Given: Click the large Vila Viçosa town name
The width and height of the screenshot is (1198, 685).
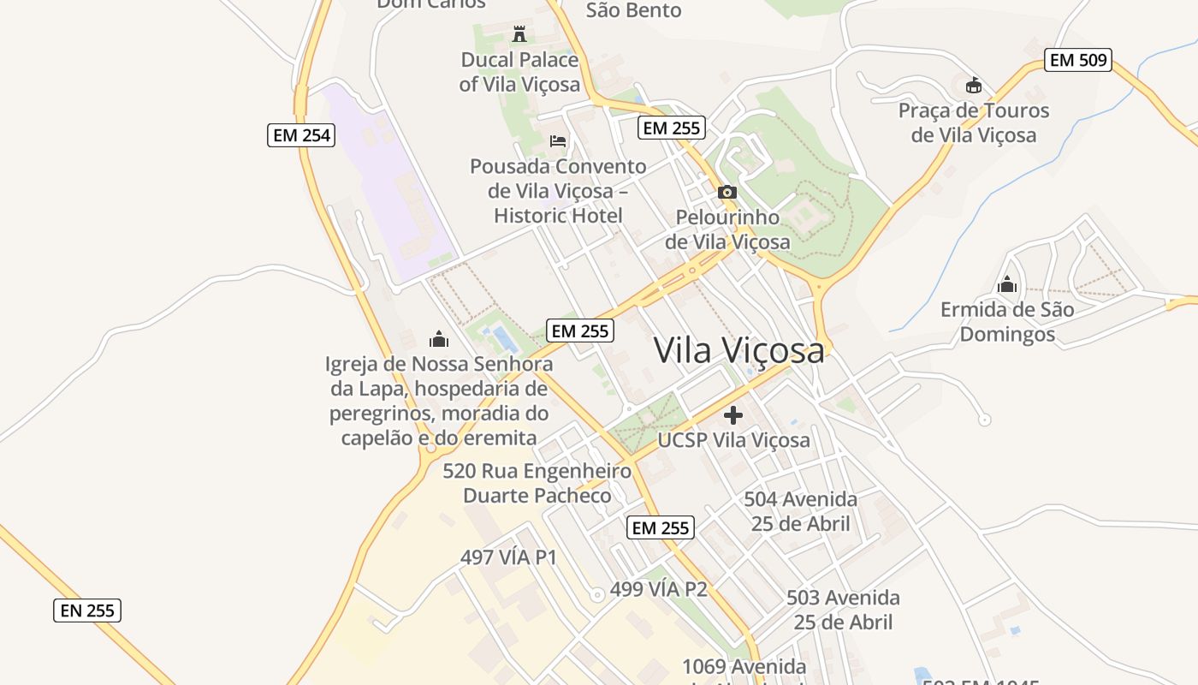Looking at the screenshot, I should point(739,350).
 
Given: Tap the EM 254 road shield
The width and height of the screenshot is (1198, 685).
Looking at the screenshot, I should point(300,134).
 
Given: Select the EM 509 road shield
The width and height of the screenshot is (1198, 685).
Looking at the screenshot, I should point(1077,60).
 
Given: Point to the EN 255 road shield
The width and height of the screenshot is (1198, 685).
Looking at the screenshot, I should point(87,611).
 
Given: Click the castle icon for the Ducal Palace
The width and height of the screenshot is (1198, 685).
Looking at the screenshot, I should point(519,34).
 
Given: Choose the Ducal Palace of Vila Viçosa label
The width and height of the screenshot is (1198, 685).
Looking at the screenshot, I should point(519,72).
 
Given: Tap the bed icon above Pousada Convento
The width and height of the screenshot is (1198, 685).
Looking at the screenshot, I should point(558,140).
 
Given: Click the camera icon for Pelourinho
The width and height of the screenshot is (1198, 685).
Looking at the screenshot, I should point(727,192).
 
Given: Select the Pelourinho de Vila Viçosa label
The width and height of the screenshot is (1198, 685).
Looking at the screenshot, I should point(727,229).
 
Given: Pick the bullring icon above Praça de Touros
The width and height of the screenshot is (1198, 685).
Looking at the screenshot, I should point(973,85).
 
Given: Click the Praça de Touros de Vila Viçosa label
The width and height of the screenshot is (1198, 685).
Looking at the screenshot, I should point(973,122).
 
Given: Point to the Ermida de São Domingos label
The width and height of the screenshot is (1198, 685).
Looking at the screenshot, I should point(1007,321).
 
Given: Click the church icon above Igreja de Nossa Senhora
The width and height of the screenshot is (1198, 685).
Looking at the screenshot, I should point(439,339).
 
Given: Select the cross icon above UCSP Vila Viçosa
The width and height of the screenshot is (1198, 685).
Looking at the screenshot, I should point(733,415).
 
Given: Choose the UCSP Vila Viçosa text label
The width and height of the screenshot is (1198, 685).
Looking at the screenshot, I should point(733,440).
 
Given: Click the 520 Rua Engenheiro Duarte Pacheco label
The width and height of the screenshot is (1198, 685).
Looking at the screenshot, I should point(537,483).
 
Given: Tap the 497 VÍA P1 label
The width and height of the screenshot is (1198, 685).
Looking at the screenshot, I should point(508,557).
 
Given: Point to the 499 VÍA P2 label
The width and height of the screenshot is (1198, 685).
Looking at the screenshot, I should point(658,590).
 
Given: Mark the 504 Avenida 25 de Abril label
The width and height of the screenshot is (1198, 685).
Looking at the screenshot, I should point(800,511).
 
